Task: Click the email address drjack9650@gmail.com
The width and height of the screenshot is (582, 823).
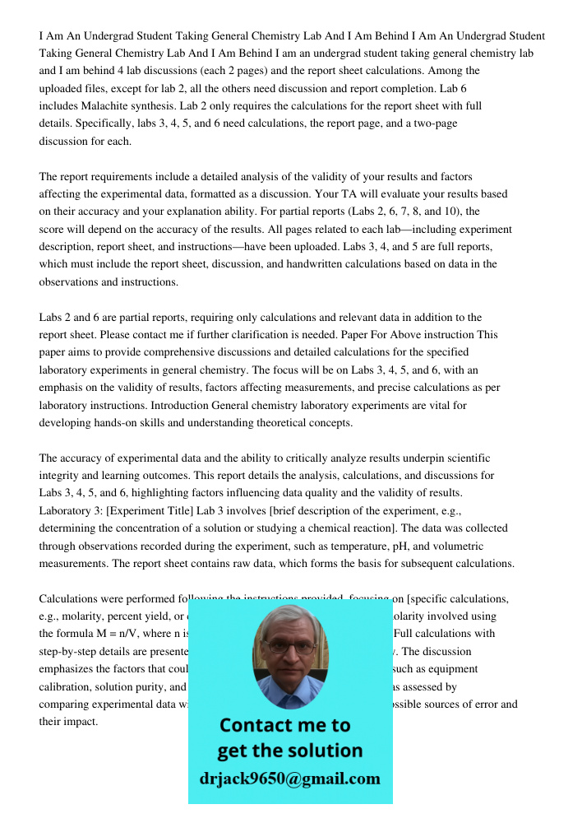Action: click(x=290, y=779)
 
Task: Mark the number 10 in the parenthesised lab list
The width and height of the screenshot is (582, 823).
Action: click(x=437, y=212)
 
